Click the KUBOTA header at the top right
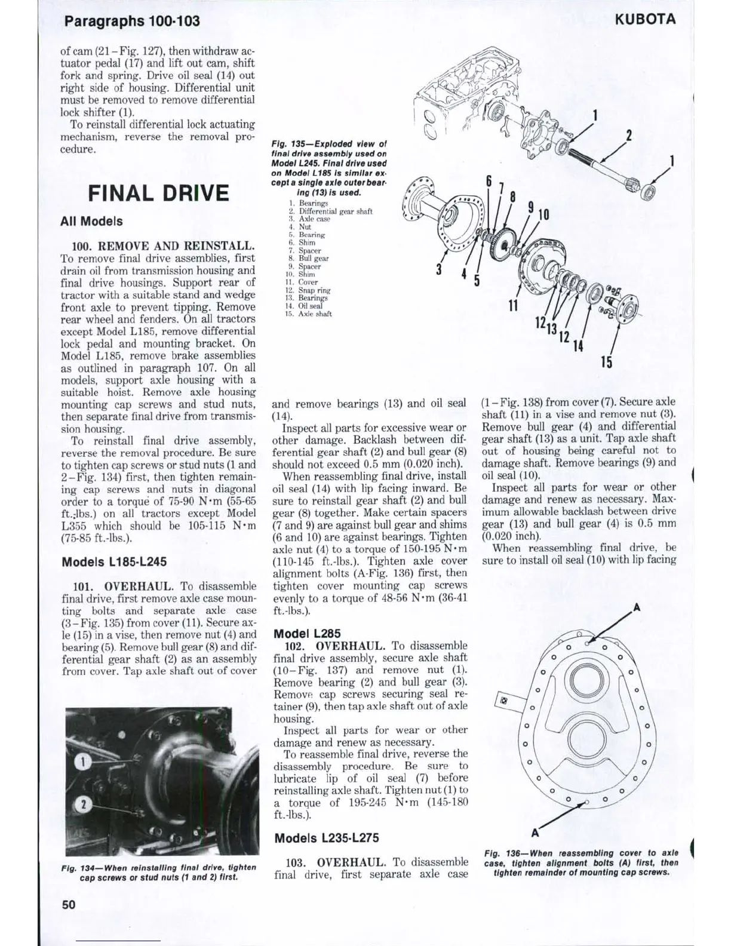(647, 19)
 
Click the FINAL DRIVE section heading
(158, 193)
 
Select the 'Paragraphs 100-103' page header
(132, 21)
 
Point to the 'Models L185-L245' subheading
(114, 561)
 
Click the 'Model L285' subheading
(304, 633)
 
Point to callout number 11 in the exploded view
(512, 306)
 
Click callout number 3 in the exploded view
(440, 269)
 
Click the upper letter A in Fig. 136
(637, 608)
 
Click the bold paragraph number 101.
(84, 586)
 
